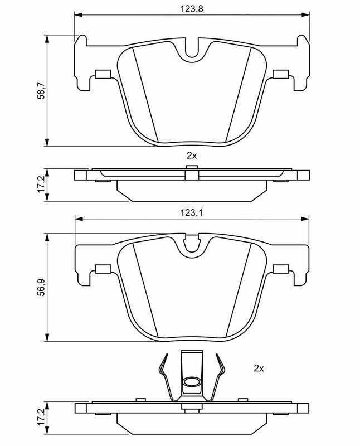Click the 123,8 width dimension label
(x=192, y=9)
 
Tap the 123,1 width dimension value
(x=191, y=213)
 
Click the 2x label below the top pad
(x=192, y=156)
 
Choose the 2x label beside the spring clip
(x=259, y=369)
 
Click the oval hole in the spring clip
(x=191, y=382)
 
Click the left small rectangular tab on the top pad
(x=102, y=74)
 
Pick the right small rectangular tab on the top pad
(x=281, y=74)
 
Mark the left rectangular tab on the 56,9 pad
(x=103, y=269)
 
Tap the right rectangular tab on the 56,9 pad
(x=281, y=269)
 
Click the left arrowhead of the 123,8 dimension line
(x=78, y=14)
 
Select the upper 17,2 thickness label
(x=42, y=184)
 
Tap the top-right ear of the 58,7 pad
(x=303, y=40)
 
